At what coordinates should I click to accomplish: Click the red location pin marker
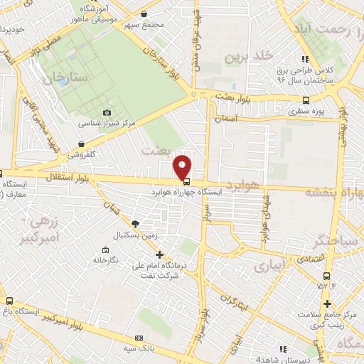pos(183,166)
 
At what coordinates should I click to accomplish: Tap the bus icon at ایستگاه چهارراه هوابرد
pos(186,181)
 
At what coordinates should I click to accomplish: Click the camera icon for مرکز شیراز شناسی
pos(107,112)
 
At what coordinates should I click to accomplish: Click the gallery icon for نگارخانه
pos(105,250)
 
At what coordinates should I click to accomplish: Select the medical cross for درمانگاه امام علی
pos(159,255)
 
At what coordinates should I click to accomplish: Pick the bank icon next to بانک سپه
pos(139,337)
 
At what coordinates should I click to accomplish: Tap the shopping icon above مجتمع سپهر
pos(144,14)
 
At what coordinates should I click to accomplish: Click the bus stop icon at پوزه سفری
pos(306,100)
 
